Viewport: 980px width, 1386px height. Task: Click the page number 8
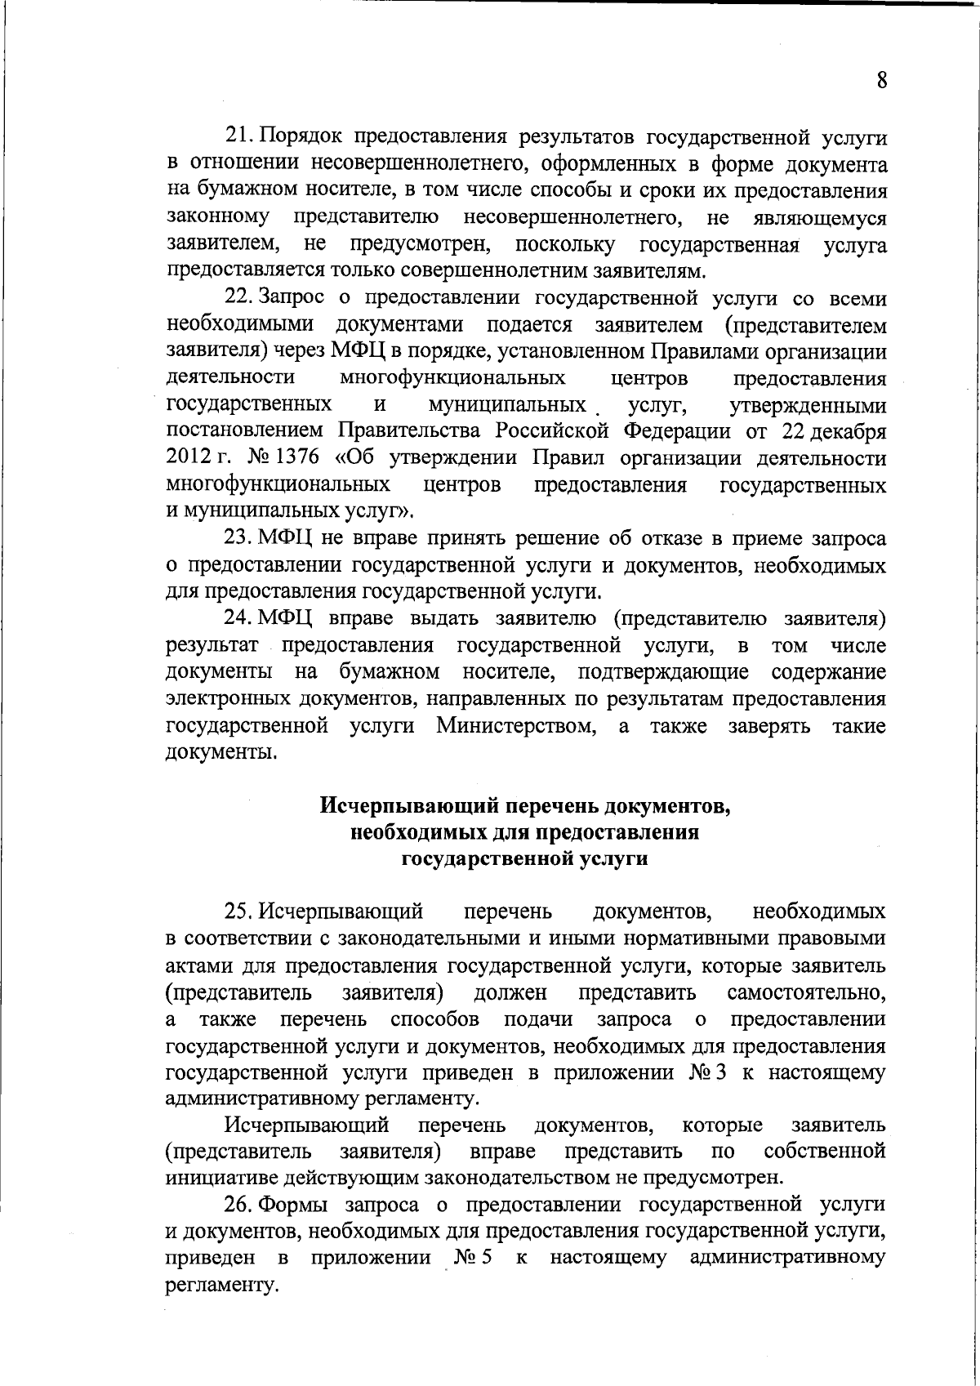[x=881, y=80]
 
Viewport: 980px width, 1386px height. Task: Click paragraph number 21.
[x=236, y=138]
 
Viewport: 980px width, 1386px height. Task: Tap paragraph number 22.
[x=236, y=299]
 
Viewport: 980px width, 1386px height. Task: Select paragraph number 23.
[x=236, y=539]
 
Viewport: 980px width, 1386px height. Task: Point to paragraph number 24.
[x=236, y=619]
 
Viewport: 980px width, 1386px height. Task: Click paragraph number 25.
[x=236, y=911]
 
